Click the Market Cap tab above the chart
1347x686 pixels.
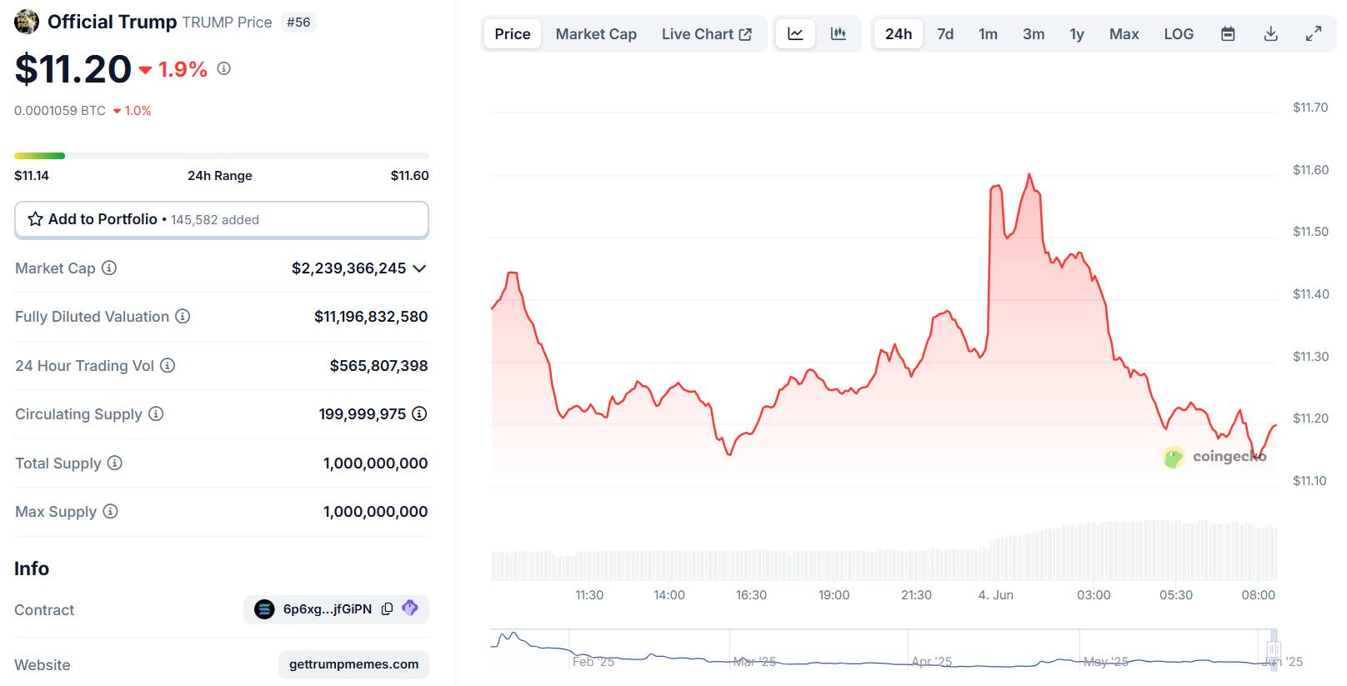coord(596,34)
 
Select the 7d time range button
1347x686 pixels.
coord(945,34)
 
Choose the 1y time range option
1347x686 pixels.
coord(1077,34)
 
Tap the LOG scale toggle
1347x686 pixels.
coord(1179,34)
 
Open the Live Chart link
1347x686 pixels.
coord(706,34)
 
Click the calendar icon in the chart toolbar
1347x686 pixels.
coord(1228,34)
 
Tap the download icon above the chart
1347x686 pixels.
coord(1270,34)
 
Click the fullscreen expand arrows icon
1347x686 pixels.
coord(1314,34)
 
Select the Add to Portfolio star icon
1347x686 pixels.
coord(35,219)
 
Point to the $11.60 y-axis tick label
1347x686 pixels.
coord(1310,170)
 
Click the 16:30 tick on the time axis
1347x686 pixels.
coord(751,595)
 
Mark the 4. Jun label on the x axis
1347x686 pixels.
coord(995,595)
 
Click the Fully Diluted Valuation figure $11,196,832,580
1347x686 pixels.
coord(371,317)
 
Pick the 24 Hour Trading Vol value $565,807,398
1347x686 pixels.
coord(378,366)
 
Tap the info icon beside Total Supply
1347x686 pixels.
coord(115,463)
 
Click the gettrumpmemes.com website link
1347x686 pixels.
coord(353,664)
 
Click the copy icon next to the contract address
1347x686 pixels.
coord(387,609)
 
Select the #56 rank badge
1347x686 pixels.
coord(298,23)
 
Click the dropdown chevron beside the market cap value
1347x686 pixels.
coord(419,268)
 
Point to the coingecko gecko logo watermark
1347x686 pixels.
coord(1174,457)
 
